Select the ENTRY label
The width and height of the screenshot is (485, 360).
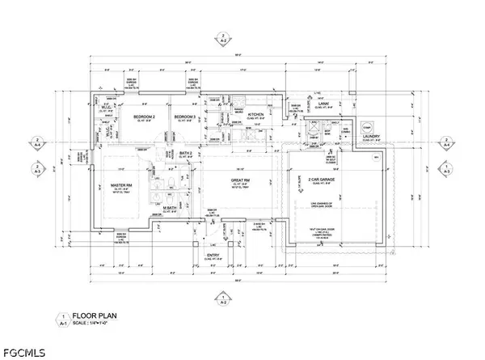[x=213, y=255]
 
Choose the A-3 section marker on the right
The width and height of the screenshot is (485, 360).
[x=446, y=172]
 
